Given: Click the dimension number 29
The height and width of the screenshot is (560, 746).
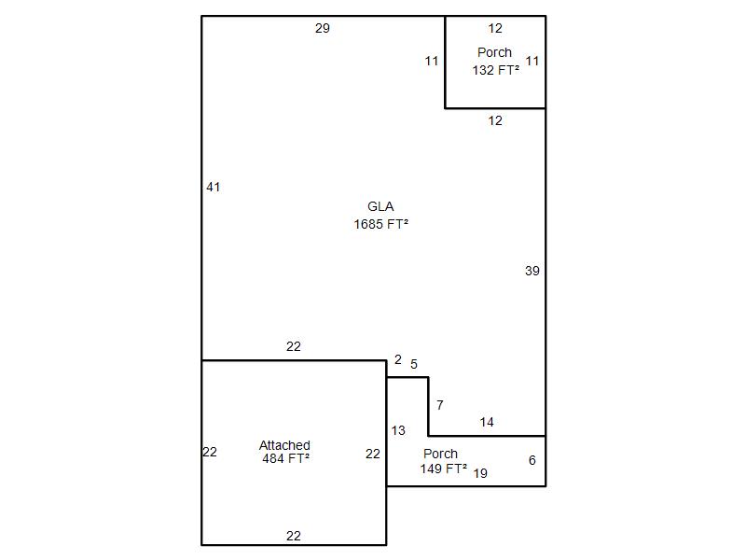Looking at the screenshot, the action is point(322,28).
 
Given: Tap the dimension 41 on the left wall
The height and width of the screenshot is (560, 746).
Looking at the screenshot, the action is point(214,188).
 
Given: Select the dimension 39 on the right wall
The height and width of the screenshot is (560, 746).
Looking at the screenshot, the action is point(532,271).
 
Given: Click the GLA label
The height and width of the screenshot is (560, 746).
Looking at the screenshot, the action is point(380,206).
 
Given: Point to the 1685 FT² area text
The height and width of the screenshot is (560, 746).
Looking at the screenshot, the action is point(381,224).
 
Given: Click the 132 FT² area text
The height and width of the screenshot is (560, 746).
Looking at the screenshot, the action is point(496,70).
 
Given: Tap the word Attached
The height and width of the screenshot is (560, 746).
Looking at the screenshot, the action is point(284,445).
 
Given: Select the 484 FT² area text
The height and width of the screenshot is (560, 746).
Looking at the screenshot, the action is point(286,458).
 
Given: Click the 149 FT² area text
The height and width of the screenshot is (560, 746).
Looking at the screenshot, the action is point(444,469).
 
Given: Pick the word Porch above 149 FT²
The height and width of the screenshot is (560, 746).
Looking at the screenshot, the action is point(440,454).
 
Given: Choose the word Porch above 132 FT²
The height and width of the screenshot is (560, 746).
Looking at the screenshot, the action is point(495,52).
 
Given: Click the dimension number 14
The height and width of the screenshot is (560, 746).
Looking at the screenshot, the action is point(487,422).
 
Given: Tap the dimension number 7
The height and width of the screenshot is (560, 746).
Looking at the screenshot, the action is point(440,405).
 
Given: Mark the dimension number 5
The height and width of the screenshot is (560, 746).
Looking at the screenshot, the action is point(414,364).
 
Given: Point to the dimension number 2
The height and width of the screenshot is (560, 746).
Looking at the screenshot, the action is point(398,359).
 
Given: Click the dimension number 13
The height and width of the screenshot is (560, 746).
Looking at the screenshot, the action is point(398,431).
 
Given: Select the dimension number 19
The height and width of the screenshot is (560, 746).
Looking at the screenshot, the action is point(480,473).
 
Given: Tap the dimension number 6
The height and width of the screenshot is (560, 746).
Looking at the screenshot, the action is point(532,460).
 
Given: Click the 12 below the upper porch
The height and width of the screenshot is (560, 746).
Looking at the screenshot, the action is point(495,120).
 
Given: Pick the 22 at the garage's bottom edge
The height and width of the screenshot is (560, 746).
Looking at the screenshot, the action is point(294,536).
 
